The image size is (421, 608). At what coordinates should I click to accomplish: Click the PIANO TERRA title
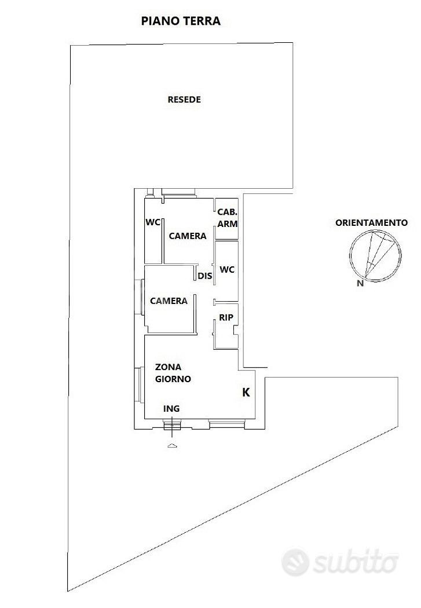181,21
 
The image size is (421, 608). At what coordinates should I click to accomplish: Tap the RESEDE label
184,100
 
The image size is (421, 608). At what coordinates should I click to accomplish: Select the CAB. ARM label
227,218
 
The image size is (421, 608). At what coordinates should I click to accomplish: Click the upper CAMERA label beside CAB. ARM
188,236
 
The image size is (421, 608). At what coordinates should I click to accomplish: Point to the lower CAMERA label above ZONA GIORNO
169,301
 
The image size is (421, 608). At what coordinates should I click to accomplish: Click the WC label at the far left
153,222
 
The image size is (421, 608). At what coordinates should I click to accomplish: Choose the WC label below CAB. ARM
227,269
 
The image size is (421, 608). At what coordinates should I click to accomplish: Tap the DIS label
205,276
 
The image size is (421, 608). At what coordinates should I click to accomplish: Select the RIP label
226,317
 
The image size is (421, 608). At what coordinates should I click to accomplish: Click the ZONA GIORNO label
173,373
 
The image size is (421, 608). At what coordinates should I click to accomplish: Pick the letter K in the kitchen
246,393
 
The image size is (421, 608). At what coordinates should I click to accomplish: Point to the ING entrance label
171,409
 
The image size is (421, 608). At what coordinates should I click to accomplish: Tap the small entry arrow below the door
173,446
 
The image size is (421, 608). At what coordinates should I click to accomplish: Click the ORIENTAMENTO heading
371,222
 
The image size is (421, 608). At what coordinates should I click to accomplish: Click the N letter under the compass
360,284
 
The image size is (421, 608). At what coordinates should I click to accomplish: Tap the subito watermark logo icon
295,562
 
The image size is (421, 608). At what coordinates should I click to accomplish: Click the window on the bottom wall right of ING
227,424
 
